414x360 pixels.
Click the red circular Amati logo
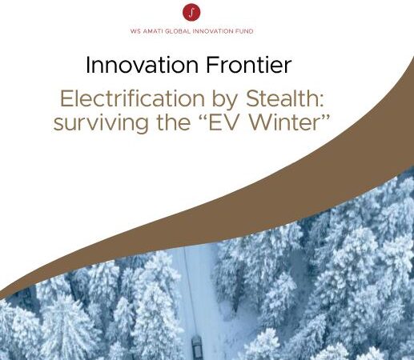(x=191, y=12)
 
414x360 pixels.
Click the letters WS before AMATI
(x=136, y=31)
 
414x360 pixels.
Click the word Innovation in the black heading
(x=142, y=65)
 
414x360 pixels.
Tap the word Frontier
(x=248, y=65)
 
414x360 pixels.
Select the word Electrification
(x=132, y=98)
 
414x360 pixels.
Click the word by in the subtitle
(x=225, y=100)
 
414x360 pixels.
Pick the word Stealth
(x=281, y=98)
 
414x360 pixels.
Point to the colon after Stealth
(x=321, y=101)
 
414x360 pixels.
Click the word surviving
(x=101, y=123)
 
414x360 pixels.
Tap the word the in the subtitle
(x=174, y=122)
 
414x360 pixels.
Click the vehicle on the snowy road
(x=197, y=345)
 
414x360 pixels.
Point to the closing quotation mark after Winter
(x=325, y=117)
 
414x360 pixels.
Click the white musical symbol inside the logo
(x=191, y=12)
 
